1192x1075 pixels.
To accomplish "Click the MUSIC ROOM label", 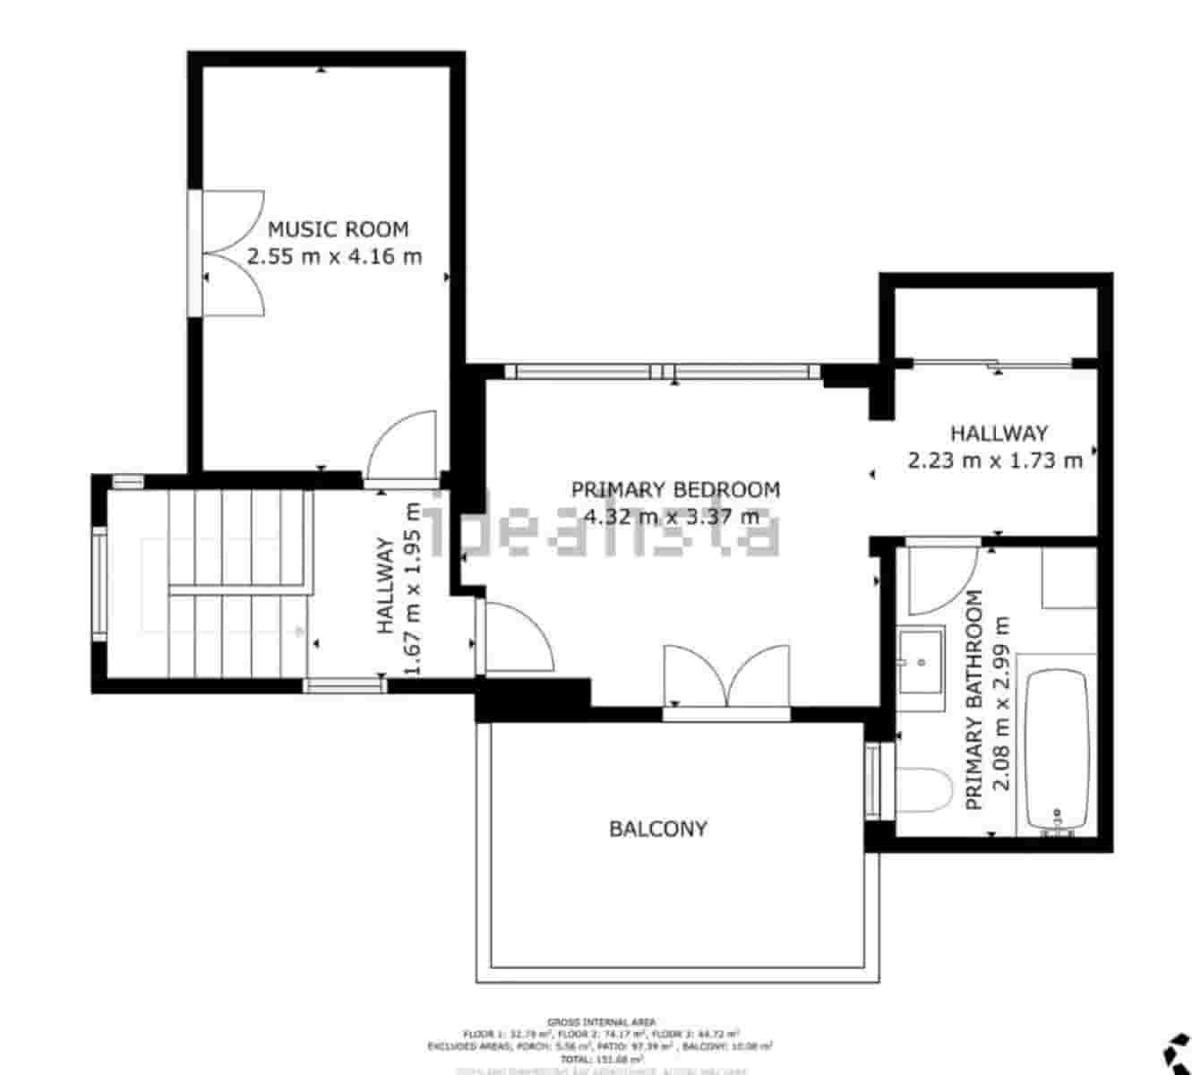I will [x=338, y=229].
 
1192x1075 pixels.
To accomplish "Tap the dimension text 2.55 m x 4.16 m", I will [x=334, y=257].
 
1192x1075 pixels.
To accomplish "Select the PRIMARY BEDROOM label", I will [x=675, y=490].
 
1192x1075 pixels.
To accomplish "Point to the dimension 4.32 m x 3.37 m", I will [x=671, y=517].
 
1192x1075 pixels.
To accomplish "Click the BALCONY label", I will [x=658, y=829].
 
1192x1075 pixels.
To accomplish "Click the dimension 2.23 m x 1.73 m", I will [x=995, y=461].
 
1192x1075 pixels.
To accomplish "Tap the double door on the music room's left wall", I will [x=228, y=253].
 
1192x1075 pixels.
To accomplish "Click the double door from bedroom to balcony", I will [x=726, y=678].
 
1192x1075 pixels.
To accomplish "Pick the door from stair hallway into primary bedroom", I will [x=514, y=635].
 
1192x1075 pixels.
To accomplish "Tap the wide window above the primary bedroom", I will [x=663, y=372].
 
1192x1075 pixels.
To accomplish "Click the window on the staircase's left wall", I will [x=99, y=583].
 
